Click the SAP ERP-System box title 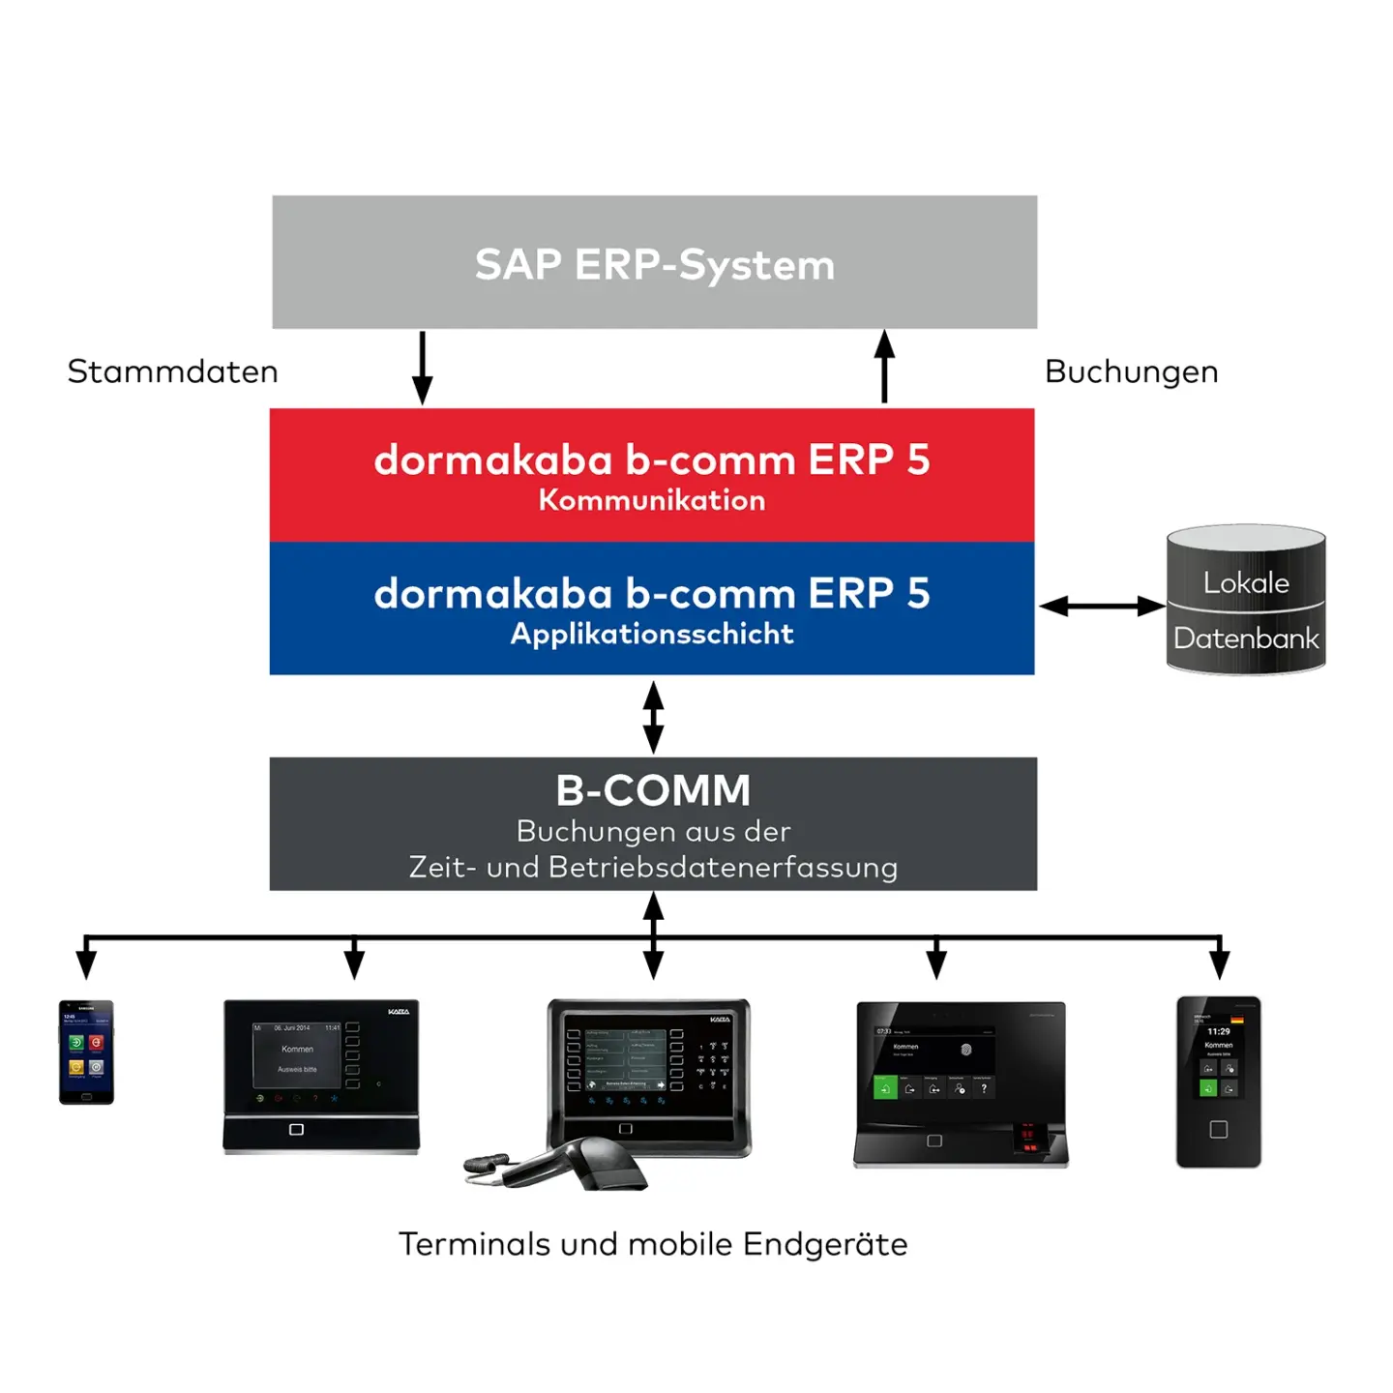[654, 265]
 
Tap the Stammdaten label [172, 371]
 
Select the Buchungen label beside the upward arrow [1131, 371]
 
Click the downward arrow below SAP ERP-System [423, 369]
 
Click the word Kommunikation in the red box [652, 500]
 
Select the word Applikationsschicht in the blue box [652, 634]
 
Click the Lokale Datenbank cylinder [1246, 601]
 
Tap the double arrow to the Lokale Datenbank [1101, 607]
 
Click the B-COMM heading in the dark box [653, 790]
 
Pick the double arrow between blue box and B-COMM [654, 717]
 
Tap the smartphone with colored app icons [86, 1052]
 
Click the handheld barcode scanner [571, 1163]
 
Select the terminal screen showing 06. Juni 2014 [297, 1055]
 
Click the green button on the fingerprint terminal [884, 1088]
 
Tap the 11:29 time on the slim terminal [1219, 1031]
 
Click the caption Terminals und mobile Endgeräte [653, 1244]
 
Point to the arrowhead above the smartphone [86, 963]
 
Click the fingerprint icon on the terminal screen [965, 1050]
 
